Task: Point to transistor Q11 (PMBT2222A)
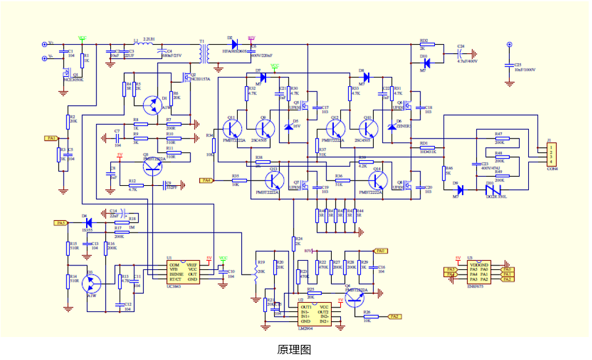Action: (x=231, y=128)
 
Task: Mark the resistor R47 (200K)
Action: (x=499, y=139)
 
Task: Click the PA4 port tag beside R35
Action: (x=206, y=180)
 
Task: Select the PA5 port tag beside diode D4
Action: (x=60, y=223)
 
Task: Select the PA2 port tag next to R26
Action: (x=394, y=317)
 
